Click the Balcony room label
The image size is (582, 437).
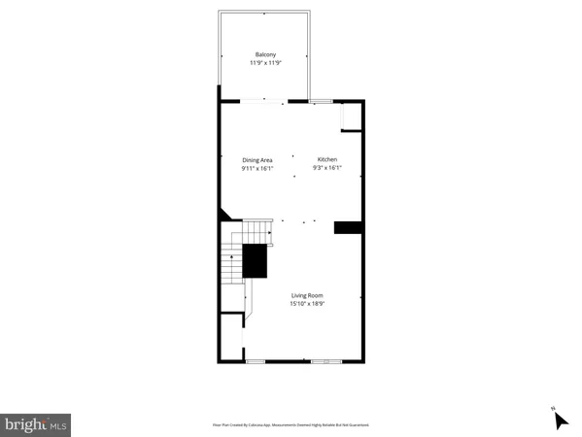tap(266, 54)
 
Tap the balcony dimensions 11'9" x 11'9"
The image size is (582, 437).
tap(266, 63)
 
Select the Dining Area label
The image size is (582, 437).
tap(257, 160)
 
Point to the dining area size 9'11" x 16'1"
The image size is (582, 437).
tap(257, 169)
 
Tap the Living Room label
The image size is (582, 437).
tap(306, 295)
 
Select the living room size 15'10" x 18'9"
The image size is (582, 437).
tap(306, 304)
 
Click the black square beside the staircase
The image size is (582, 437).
tap(255, 261)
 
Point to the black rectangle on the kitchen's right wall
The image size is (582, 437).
tap(348, 227)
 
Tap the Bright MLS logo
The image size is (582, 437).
tap(36, 424)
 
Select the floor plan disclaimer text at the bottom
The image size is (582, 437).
tap(291, 424)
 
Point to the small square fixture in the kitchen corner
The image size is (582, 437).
tap(351, 118)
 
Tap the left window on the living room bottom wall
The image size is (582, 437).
tap(256, 361)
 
